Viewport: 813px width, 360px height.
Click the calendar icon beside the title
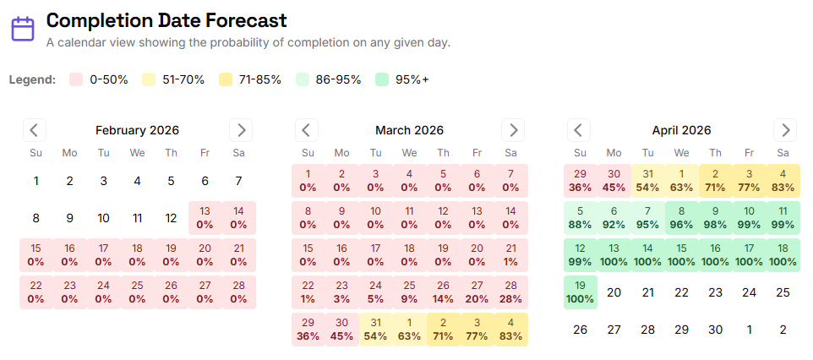[23, 30]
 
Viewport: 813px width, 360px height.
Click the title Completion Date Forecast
[166, 20]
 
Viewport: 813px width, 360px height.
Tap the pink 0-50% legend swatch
[76, 79]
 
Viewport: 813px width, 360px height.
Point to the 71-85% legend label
[260, 79]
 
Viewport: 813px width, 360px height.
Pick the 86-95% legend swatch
[304, 79]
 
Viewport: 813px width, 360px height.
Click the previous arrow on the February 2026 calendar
[35, 130]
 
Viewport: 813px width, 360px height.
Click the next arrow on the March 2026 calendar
[513, 130]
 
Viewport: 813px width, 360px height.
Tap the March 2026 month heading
[409, 130]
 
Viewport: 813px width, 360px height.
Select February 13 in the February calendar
[205, 218]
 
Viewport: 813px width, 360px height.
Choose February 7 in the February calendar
[238, 181]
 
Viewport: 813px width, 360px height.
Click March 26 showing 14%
[443, 292]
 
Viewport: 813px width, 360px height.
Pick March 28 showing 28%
[510, 292]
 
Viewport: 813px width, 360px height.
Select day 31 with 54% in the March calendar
[375, 330]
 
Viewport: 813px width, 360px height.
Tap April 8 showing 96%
[681, 218]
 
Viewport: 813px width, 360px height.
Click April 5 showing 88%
[580, 218]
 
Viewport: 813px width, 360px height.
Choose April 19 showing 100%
[580, 292]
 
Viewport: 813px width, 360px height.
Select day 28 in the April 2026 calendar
[647, 330]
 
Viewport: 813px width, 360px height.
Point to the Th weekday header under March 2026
[443, 153]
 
